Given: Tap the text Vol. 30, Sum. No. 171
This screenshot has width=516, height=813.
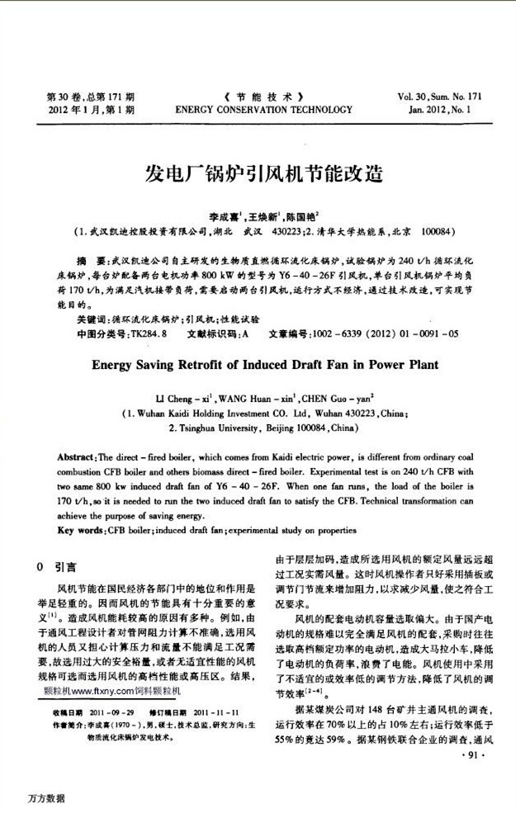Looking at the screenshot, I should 438,96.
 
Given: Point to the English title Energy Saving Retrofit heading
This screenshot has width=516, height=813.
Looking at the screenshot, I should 264,362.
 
